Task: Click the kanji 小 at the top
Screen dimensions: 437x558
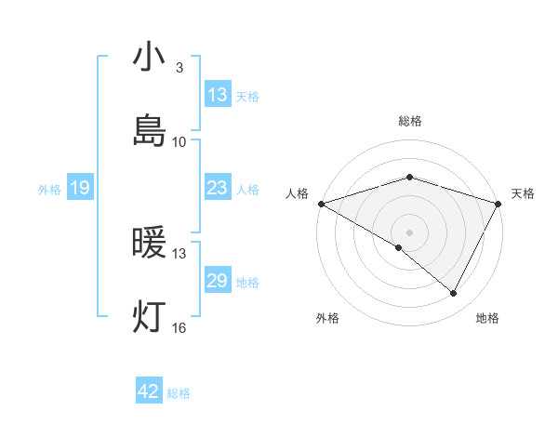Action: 149,57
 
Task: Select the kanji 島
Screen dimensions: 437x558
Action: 149,130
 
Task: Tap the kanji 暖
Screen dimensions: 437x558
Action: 149,244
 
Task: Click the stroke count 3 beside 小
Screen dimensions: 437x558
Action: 179,68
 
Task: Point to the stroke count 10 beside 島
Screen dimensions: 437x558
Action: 179,141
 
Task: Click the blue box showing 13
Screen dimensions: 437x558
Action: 217,95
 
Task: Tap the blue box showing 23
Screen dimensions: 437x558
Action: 217,188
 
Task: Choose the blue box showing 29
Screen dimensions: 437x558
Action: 217,281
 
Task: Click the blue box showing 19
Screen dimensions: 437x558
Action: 80,188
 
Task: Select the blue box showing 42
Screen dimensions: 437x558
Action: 149,391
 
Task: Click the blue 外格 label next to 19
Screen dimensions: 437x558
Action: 49,189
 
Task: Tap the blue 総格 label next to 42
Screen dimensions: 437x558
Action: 179,392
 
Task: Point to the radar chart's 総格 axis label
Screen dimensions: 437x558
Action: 409,121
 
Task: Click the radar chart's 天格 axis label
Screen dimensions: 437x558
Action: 523,193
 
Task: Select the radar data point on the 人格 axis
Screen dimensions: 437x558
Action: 321,203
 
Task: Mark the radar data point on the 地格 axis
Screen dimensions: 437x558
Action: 454,294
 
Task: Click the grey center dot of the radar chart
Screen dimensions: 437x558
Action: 409,232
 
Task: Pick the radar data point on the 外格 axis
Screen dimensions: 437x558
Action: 399,247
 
